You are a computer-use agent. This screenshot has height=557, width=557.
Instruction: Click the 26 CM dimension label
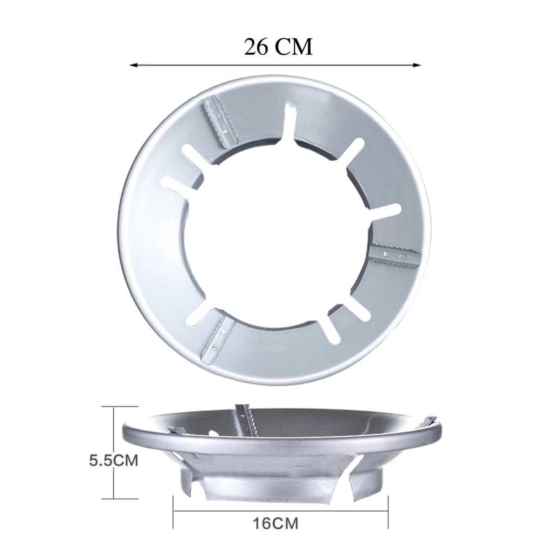[278, 47]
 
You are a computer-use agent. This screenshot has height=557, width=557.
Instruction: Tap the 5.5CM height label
[113, 461]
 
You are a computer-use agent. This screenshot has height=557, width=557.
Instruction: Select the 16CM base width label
[276, 524]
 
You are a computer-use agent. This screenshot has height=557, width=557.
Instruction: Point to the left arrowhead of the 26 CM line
[134, 65]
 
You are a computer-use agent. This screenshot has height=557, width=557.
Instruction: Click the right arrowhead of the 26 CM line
[416, 65]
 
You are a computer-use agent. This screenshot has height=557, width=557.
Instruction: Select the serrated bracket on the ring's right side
[394, 254]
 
